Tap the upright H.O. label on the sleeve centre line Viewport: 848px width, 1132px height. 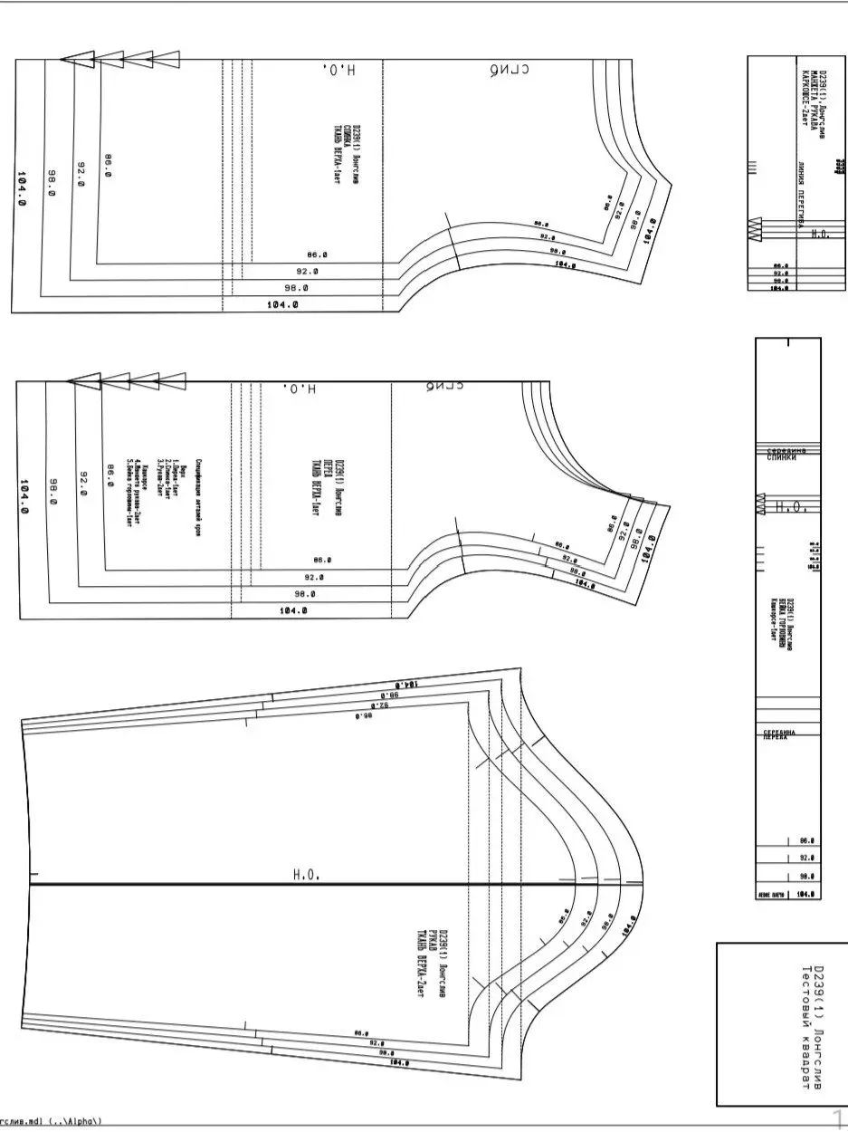click(307, 875)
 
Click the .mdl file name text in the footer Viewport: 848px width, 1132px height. click(50, 1121)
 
